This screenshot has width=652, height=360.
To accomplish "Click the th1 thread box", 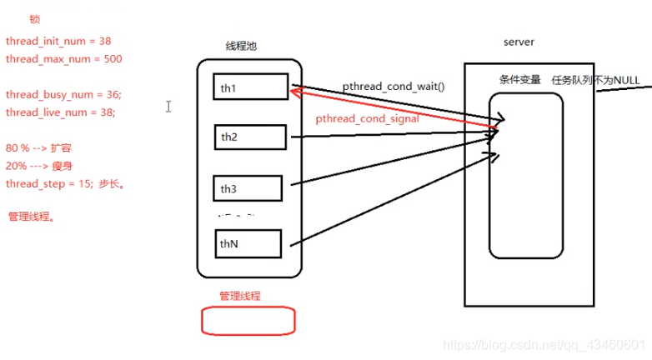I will (250, 87).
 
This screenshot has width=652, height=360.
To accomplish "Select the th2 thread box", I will (250, 137).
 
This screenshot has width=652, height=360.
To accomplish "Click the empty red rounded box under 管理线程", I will (248, 320).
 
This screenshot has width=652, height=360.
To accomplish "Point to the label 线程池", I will (241, 47).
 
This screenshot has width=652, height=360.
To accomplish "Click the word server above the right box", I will (519, 42).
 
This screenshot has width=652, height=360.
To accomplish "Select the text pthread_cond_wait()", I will (394, 87).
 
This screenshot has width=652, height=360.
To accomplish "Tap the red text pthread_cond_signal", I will (367, 119).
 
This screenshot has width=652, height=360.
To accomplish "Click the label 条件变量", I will (519, 80).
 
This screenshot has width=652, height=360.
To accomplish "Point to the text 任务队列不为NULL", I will (595, 80).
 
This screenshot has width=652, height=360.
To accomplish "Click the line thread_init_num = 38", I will (58, 40).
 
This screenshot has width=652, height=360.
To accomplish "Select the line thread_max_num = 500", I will (63, 59).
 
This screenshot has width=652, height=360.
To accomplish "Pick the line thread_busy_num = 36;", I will (63, 94).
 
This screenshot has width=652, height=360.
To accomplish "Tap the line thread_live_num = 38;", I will (61, 112).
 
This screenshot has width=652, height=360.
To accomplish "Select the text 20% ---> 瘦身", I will (39, 166).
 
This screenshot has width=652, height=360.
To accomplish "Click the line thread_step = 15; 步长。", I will (65, 183).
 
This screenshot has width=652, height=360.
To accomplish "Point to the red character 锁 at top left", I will (34, 19).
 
